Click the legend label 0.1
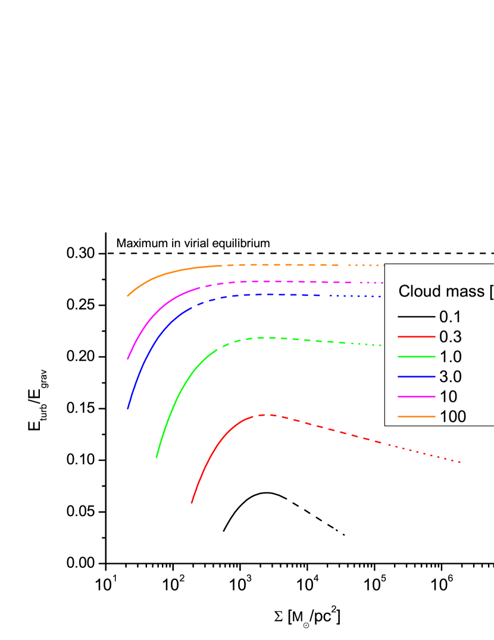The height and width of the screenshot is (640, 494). [x=451, y=317]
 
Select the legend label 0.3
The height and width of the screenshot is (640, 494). [x=451, y=337]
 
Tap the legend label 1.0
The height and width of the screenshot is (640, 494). [x=451, y=357]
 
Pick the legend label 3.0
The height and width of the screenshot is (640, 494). [x=451, y=377]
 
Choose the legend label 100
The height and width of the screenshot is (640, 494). [x=453, y=417]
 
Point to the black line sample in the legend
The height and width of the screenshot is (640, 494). [x=417, y=317]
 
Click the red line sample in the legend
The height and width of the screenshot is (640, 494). [x=417, y=337]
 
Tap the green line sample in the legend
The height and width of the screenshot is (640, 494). [x=417, y=357]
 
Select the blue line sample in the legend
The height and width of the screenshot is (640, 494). [x=417, y=377]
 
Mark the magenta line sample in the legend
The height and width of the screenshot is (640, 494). [x=417, y=397]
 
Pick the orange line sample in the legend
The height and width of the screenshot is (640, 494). [x=417, y=417]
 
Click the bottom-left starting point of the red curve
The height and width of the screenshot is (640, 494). [x=192, y=502]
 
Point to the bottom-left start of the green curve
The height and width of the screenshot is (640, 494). [x=157, y=457]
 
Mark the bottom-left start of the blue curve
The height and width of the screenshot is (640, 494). [x=128, y=408]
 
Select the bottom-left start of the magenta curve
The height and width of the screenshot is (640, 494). [x=128, y=359]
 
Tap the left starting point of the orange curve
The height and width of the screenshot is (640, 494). [x=128, y=295]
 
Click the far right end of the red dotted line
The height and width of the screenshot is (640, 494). [x=460, y=462]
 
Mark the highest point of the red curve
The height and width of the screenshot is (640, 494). [x=267, y=414]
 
